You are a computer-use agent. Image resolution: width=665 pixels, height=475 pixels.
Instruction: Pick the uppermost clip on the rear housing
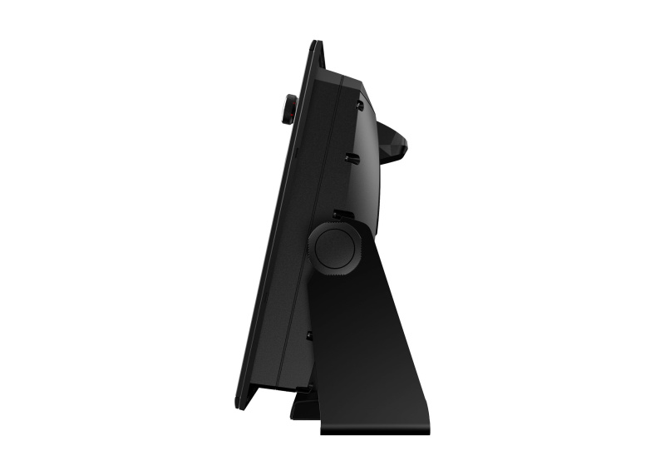[x=360, y=105]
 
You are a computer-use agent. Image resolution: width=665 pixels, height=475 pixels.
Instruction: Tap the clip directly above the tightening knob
[x=341, y=215]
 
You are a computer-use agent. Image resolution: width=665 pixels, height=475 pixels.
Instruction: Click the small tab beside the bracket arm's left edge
[x=310, y=335]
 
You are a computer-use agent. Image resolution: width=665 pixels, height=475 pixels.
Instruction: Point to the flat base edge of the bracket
[x=374, y=431]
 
